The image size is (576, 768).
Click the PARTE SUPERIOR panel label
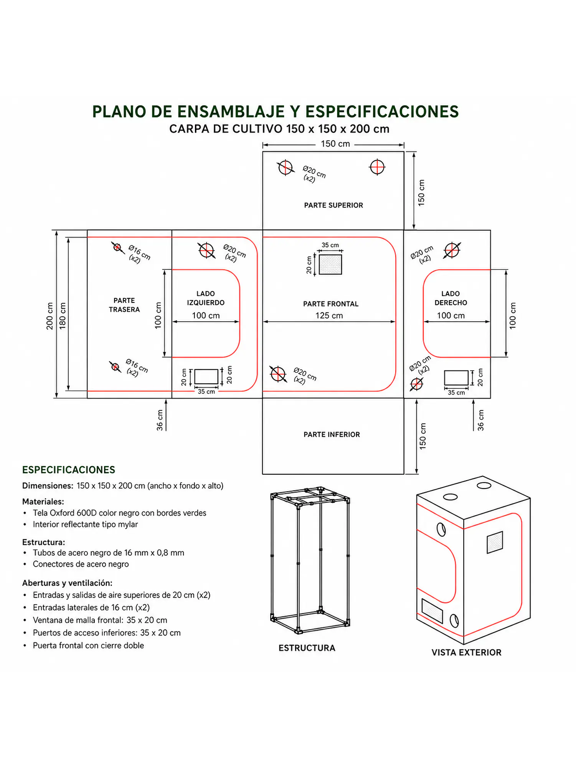click(x=333, y=205)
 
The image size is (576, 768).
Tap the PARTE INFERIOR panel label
click(x=332, y=434)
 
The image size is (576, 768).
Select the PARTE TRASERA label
click(x=124, y=305)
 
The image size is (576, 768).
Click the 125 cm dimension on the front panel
click(x=329, y=315)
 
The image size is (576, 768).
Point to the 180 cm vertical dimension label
click(x=63, y=316)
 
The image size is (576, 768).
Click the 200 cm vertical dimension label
click(x=50, y=316)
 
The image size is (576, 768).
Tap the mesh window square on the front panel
click(x=330, y=264)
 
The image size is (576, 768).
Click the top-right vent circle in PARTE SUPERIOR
click(x=377, y=167)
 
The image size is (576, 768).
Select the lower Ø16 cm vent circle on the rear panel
click(x=115, y=367)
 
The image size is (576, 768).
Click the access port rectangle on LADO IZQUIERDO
click(x=206, y=377)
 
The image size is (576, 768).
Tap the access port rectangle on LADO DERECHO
click(x=456, y=378)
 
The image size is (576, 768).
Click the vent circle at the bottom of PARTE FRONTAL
click(x=278, y=373)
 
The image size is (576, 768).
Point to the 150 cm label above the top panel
click(x=335, y=144)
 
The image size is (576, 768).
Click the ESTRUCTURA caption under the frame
click(x=307, y=648)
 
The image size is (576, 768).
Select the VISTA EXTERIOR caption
click(x=466, y=652)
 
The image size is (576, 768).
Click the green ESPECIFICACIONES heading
click(x=69, y=470)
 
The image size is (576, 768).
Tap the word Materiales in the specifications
click(x=43, y=502)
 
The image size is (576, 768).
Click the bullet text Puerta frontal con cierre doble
click(x=88, y=646)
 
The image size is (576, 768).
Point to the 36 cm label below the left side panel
click(x=160, y=420)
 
